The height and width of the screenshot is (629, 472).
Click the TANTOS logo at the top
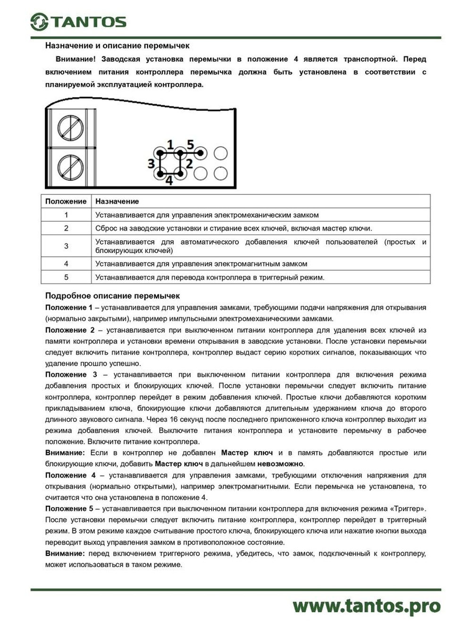tap(78, 22)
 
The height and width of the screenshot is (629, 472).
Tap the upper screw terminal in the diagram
tap(71, 127)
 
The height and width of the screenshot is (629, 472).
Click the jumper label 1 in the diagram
tap(170, 144)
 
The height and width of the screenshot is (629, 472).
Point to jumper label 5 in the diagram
tap(190, 144)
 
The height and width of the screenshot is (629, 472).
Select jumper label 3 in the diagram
tap(151, 164)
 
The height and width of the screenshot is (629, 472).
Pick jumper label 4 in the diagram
tap(169, 181)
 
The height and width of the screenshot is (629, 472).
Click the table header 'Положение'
tap(66, 201)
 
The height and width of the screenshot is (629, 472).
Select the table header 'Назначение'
tap(117, 201)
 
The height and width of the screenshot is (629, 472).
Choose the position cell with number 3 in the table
tap(66, 246)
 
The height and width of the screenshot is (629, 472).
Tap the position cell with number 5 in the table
tap(66, 277)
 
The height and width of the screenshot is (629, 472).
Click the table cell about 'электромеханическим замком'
tap(207, 215)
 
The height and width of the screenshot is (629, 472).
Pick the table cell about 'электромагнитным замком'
tap(201, 264)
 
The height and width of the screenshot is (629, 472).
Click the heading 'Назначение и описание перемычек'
tap(118, 46)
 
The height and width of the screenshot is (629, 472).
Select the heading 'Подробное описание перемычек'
tap(112, 296)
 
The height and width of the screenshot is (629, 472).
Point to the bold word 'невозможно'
tap(280, 464)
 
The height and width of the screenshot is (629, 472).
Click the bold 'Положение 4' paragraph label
tap(70, 475)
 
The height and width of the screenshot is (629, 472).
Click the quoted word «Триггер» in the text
tap(408, 509)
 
